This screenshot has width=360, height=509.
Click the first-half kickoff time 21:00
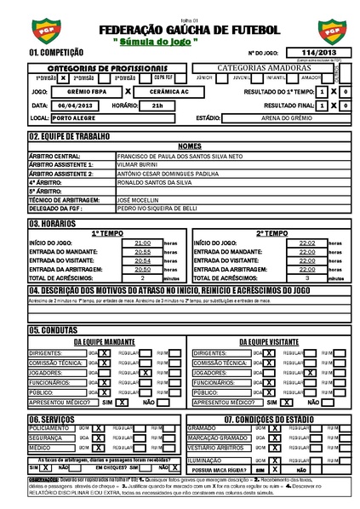pyautogui.click(x=142, y=243)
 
